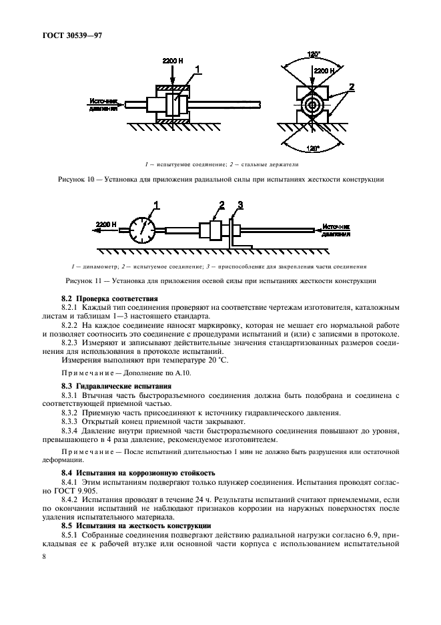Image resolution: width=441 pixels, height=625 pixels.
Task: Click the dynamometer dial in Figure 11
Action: (141, 230)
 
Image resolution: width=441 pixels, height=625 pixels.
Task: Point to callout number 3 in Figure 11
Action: (241, 204)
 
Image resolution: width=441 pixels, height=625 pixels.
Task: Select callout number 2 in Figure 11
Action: (221, 204)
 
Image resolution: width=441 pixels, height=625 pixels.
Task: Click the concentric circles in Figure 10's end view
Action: (312, 105)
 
